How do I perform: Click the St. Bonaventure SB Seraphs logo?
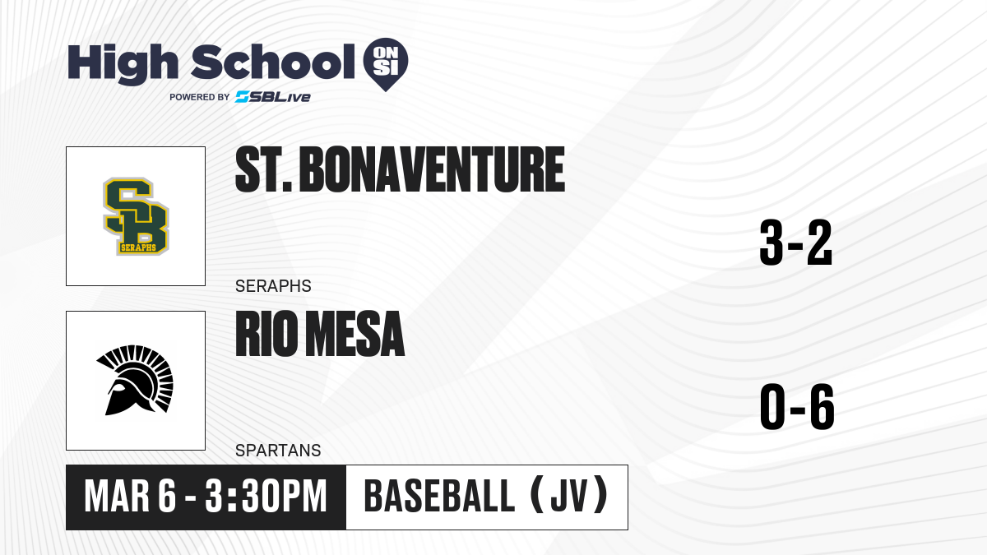coord(136,216)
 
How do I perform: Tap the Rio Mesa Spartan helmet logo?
coord(135,380)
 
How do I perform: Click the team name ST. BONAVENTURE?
coord(400,169)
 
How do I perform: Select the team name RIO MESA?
coord(320,334)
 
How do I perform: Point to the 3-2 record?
coord(796,243)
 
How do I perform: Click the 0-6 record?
coord(797,406)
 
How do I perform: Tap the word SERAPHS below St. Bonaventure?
coord(273,286)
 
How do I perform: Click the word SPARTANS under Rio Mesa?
coord(278,451)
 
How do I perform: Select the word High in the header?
coord(123,64)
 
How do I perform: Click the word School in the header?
coord(273,62)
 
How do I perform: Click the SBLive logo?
coord(272,97)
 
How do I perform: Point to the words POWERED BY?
coord(200,97)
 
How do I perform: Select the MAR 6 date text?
coord(130,497)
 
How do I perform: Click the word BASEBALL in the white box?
coord(439,497)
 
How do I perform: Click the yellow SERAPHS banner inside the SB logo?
coord(138,247)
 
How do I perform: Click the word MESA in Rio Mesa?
coord(355,334)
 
